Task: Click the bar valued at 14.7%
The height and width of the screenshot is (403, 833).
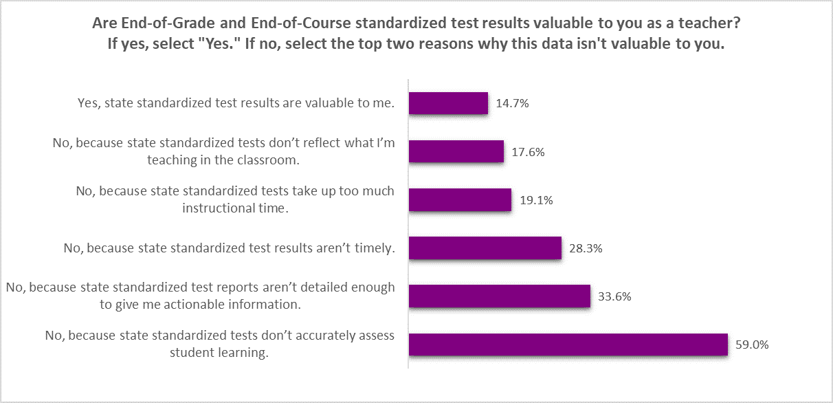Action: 448,103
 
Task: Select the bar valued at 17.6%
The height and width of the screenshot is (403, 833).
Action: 456,152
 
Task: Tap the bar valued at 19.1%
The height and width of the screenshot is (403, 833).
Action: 460,200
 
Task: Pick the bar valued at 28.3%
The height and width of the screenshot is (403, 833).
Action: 485,248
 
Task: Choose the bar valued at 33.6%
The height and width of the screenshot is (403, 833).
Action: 500,296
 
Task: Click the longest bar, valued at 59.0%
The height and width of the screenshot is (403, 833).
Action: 568,345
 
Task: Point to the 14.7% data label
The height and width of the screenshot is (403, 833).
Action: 511,104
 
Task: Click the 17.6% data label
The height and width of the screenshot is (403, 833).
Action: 528,153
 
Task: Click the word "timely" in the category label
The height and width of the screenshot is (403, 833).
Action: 375,248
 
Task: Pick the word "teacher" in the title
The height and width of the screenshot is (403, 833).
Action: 713,23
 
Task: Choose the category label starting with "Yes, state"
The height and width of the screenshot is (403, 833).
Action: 236,104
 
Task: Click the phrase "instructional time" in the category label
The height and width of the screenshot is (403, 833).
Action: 234,208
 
